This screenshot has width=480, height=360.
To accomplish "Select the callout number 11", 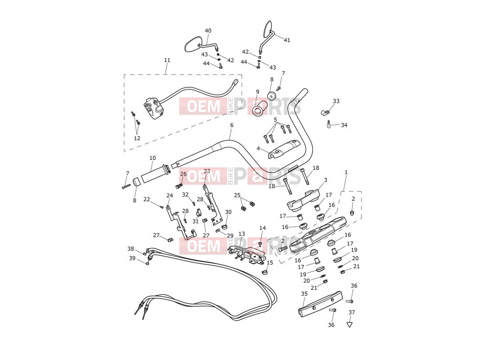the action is [x=167, y=60].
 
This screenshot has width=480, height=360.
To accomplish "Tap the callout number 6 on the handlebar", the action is [x=232, y=125].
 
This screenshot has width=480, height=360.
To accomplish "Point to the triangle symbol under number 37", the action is [x=349, y=324].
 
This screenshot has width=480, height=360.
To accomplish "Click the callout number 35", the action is [x=304, y=294].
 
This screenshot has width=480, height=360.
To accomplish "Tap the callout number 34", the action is [x=344, y=125].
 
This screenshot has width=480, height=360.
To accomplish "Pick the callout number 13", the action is [x=242, y=234].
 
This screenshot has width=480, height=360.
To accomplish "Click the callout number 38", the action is [x=131, y=249].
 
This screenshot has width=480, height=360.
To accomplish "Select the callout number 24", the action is [x=170, y=195].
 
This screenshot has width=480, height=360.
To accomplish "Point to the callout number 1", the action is [x=346, y=173].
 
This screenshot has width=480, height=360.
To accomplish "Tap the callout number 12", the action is [x=137, y=138].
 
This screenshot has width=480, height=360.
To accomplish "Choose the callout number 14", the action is [x=262, y=228].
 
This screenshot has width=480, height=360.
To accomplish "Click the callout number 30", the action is [x=228, y=212].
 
